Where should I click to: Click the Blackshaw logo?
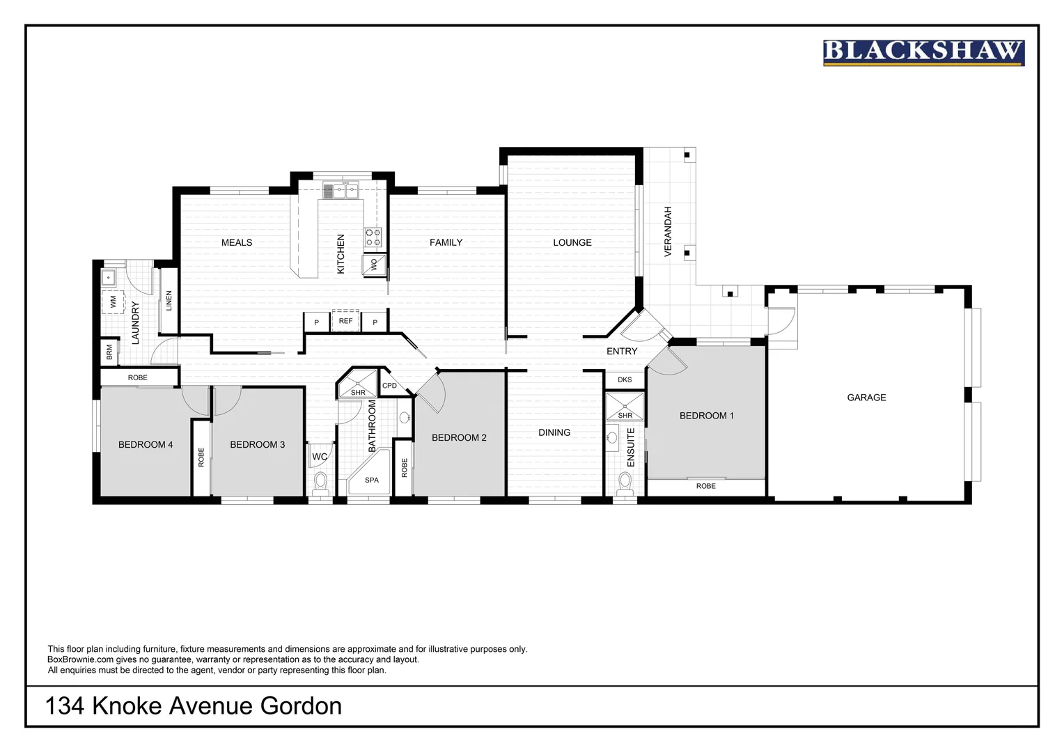[x=923, y=53]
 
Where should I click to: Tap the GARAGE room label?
[x=866, y=398]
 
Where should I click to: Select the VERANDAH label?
[x=668, y=231]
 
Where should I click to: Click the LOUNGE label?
[x=572, y=242]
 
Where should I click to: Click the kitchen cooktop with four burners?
[x=373, y=237]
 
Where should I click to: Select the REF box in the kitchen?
[x=345, y=321]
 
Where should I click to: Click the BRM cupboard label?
[x=109, y=352]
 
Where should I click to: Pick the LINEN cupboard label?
[x=169, y=301]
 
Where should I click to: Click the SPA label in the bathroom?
[x=372, y=480]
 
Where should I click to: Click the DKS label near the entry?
[x=625, y=379]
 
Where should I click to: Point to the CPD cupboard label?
[x=389, y=386]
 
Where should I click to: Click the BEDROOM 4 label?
[x=146, y=444]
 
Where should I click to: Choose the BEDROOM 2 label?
[x=459, y=437]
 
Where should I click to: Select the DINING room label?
[x=554, y=432]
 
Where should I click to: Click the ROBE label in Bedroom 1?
[x=705, y=486]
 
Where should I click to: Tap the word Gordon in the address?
[x=301, y=706]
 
